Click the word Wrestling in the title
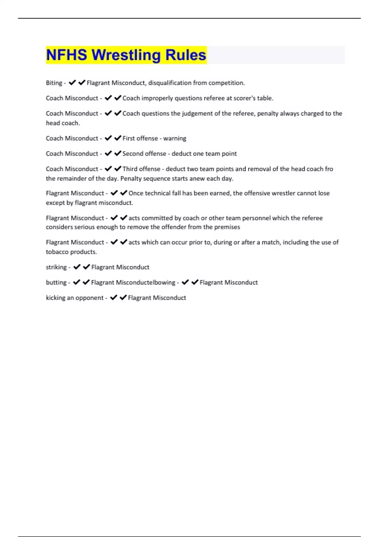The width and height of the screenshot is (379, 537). click(126, 55)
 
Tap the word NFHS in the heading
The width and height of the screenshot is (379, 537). click(66, 55)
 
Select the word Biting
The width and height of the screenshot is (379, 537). click(54, 83)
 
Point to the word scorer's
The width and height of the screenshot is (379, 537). click(244, 98)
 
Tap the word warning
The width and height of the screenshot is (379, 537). click(175, 138)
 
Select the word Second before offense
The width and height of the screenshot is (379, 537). click(133, 154)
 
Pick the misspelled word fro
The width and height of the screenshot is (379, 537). click(329, 169)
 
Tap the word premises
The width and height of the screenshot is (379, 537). click(227, 227)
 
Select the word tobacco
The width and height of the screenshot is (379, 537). click(57, 252)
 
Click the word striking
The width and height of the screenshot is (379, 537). click(56, 267)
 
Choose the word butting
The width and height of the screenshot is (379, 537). click(56, 282)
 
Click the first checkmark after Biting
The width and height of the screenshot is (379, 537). click(72, 83)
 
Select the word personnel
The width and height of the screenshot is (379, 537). click(256, 218)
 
